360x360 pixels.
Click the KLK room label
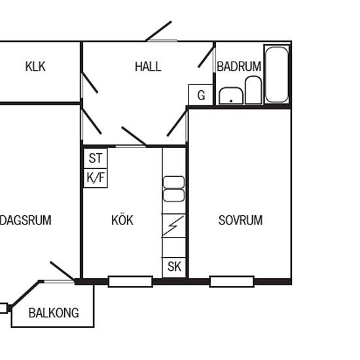pyautogui.click(x=35, y=67)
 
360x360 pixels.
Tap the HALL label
pyautogui.click(x=148, y=67)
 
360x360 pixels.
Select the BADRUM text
pyautogui.click(x=239, y=67)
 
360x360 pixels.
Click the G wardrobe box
pyautogui.click(x=200, y=95)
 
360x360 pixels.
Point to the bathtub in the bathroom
pyautogui.click(x=277, y=74)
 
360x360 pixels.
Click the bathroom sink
pyautogui.click(x=230, y=97)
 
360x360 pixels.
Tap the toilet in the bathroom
pyautogui.click(x=253, y=90)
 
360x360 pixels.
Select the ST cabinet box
pyautogui.click(x=96, y=158)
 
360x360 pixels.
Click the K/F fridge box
pyautogui.click(x=96, y=177)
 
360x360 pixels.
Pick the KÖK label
pyautogui.click(x=122, y=221)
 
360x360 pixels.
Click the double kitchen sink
pyautogui.click(x=173, y=189)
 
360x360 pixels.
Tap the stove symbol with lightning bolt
pyautogui.click(x=174, y=226)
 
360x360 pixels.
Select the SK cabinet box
pyautogui.click(x=174, y=267)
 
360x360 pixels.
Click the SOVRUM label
pyautogui.click(x=240, y=221)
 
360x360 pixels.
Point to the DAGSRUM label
pyautogui.click(x=25, y=221)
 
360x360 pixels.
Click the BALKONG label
pyautogui.click(x=53, y=313)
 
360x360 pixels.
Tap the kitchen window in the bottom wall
pyautogui.click(x=130, y=282)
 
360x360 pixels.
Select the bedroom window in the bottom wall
pyautogui.click(x=232, y=282)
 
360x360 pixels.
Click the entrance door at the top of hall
pyautogui.click(x=159, y=31)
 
